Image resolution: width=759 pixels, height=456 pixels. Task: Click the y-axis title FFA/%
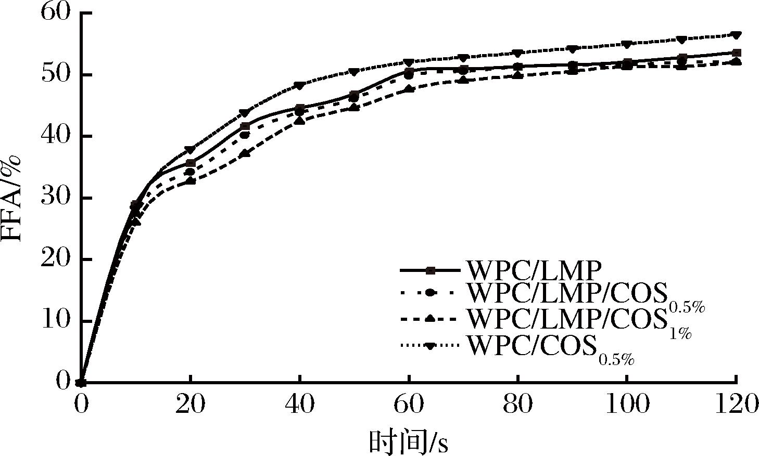click(x=11, y=198)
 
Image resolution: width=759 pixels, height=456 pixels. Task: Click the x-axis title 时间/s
click(x=409, y=442)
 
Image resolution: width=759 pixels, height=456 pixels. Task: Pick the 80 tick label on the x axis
click(x=517, y=405)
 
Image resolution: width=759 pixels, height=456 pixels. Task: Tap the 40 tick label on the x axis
click(x=300, y=405)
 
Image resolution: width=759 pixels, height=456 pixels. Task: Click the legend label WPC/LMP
click(x=535, y=270)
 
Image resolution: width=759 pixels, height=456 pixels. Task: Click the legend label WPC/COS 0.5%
click(x=552, y=346)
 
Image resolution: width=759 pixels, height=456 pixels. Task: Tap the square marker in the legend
click(x=430, y=270)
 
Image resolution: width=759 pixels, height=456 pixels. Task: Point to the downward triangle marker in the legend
click(x=430, y=345)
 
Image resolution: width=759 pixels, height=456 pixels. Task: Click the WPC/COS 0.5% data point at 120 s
click(x=736, y=35)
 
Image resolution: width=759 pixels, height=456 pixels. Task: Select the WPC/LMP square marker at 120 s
click(x=736, y=53)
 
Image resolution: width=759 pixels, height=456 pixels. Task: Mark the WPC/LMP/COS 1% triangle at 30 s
click(x=245, y=153)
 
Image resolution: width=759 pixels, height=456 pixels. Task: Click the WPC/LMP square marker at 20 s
click(x=191, y=163)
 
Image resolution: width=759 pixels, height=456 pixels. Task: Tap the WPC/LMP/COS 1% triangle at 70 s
click(x=463, y=80)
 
